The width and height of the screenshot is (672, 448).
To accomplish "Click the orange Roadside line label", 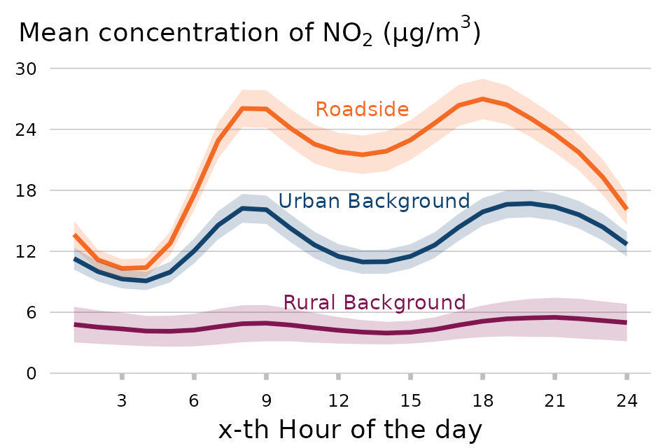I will click(362, 110).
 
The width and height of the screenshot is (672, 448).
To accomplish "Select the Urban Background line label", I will click(374, 202).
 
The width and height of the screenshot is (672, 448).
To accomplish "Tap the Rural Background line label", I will click(374, 302).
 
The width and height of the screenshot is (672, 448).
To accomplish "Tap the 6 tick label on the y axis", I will click(31, 312).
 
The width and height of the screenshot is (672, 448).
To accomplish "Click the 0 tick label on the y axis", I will click(31, 373).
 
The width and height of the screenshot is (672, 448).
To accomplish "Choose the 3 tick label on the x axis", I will click(122, 401).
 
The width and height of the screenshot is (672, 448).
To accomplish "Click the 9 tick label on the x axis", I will click(266, 401).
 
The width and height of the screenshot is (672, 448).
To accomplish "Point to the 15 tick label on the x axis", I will click(410, 401).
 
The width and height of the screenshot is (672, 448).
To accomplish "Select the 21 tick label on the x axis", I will click(554, 401).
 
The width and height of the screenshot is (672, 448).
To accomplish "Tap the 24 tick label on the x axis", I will click(626, 401).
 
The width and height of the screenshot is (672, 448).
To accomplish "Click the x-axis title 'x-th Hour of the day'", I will click(350, 429).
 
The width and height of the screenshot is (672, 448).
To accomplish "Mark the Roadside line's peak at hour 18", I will click(482, 99).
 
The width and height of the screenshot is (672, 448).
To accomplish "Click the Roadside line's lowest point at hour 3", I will click(122, 268).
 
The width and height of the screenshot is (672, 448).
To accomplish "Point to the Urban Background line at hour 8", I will click(242, 209).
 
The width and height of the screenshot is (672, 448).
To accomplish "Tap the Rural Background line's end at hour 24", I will click(626, 323).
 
